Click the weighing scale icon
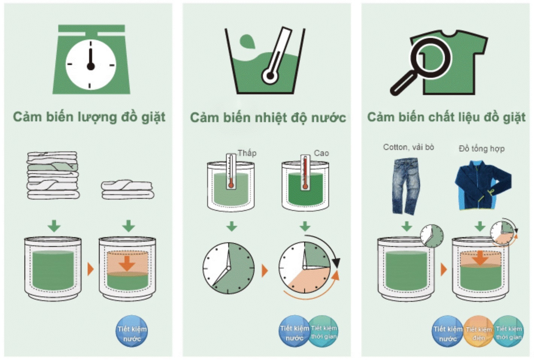coord(91,59)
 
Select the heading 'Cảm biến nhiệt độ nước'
coord(268,118)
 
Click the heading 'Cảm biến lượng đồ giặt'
coord(89,117)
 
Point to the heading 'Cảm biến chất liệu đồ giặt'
coord(446,117)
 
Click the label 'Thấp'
coord(247,153)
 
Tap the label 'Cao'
coord(321,153)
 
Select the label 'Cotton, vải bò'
coord(408,147)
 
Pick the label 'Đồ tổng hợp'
coord(482,149)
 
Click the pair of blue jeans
coord(406,186)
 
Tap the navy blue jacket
coord(483,185)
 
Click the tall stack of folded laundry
coord(53,175)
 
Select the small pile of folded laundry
coord(127,190)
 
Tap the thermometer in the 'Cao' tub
coord(305,172)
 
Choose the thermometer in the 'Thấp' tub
coord(231,171)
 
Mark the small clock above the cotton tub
coord(432,236)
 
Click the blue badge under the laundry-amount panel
coord(132,331)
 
